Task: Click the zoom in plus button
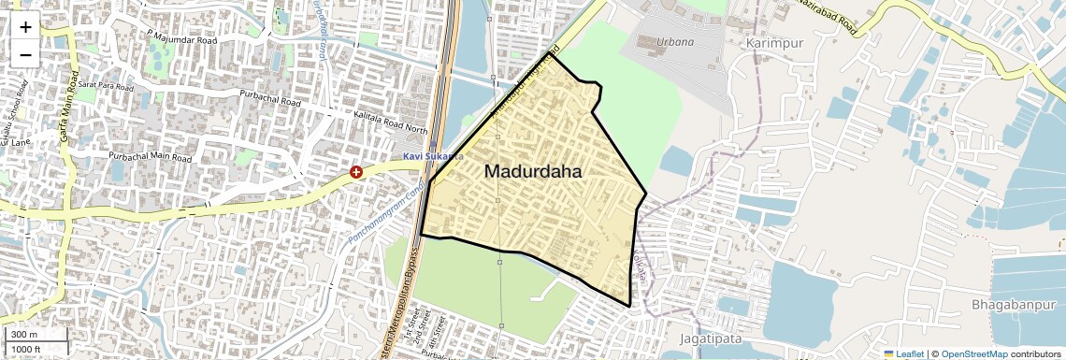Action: [25, 27]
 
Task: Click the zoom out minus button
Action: [25, 54]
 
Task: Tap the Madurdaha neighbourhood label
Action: [533, 172]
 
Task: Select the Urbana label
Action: [674, 42]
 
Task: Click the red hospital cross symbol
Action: [356, 172]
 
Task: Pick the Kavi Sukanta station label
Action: [433, 155]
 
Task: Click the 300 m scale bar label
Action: [23, 335]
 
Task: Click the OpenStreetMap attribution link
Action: [973, 353]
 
